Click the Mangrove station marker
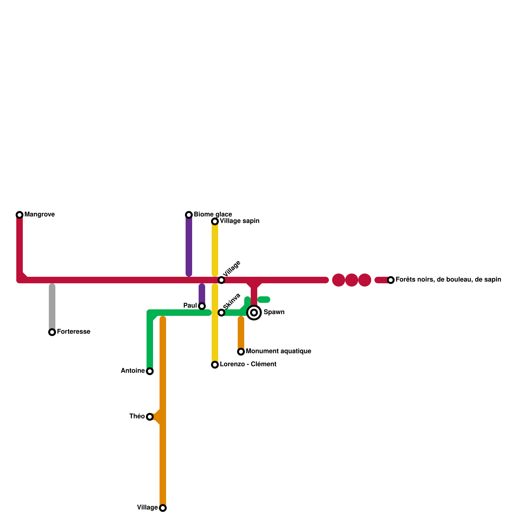(20, 215)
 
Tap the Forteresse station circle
(52, 332)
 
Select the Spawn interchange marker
(254, 313)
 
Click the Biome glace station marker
(189, 215)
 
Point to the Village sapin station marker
(215, 221)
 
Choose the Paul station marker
(202, 306)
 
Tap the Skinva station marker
(221, 313)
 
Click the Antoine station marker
(150, 371)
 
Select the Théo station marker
(150, 417)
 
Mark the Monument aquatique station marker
(241, 352)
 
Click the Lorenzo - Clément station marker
(215, 365)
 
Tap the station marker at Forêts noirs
(391, 280)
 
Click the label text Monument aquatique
(278, 351)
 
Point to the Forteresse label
(74, 332)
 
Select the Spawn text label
(274, 312)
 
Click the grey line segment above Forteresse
(52, 306)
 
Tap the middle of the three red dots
(352, 280)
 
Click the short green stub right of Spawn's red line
(264, 300)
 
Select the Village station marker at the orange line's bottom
(163, 508)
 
